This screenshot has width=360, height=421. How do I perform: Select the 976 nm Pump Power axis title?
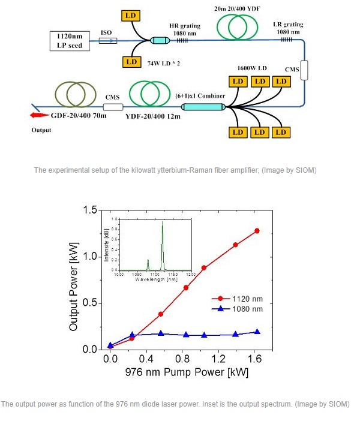187,372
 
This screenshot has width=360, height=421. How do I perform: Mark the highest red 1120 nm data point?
257,231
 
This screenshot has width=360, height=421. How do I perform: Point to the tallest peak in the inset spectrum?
162,223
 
